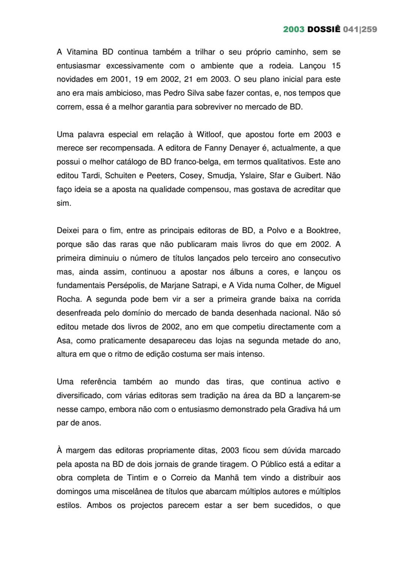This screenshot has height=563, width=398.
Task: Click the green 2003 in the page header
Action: [x=293, y=29]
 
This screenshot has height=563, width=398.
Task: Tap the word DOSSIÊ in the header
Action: [x=324, y=29]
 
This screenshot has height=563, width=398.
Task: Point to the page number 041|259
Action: [x=360, y=29]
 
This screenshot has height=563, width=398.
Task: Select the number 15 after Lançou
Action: [x=336, y=66]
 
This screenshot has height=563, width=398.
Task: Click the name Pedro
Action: [x=173, y=93]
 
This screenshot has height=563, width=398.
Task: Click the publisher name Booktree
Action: [x=323, y=230]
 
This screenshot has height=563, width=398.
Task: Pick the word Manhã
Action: [x=227, y=478]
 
